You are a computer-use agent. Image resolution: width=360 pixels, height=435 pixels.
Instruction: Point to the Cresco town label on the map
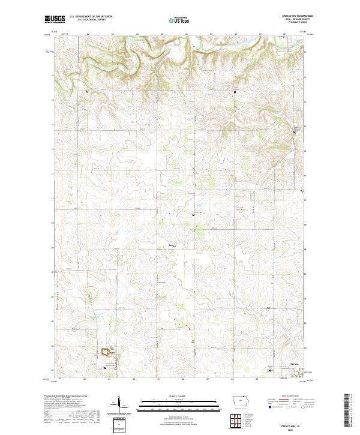tap(294, 364)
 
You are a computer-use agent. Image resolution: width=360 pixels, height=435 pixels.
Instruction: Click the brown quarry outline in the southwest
tap(107, 351)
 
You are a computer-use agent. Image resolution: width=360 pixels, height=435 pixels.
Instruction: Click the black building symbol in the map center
tap(193, 212)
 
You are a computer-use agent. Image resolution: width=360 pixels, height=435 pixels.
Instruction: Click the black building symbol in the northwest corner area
tap(88, 91)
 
